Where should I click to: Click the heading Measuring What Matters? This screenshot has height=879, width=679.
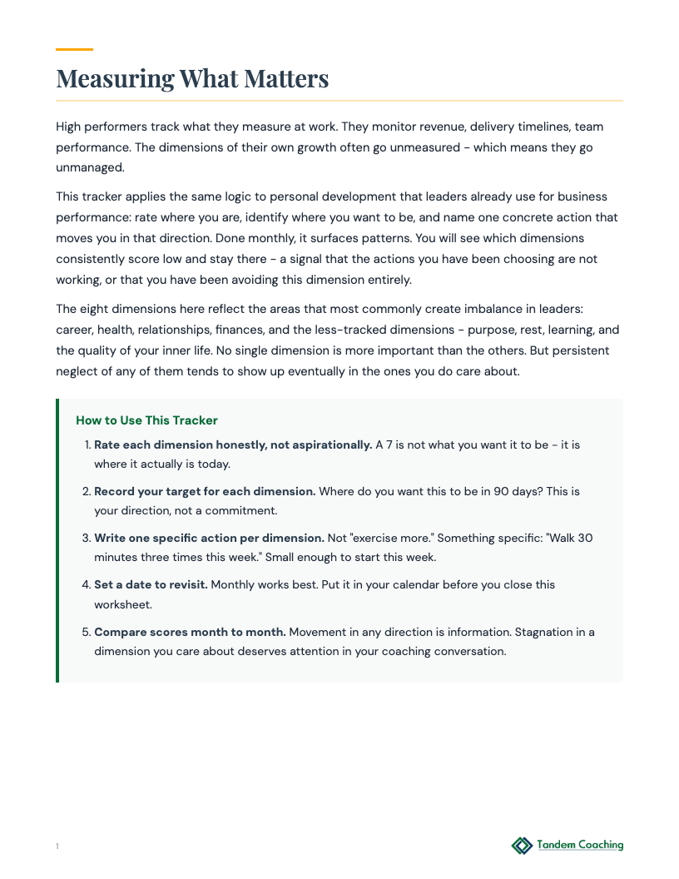click(192, 79)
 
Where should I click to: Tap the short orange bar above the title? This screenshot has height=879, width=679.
click(74, 50)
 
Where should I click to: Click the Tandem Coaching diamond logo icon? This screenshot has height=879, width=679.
click(522, 846)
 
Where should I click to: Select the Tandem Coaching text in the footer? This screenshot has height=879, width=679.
click(580, 845)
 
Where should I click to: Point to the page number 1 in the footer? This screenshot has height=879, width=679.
click(57, 847)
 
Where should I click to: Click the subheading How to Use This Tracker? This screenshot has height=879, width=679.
click(146, 420)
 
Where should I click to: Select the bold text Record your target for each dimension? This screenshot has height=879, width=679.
click(205, 491)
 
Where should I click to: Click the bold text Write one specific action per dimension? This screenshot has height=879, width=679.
click(209, 538)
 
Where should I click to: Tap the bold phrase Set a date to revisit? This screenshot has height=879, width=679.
click(151, 584)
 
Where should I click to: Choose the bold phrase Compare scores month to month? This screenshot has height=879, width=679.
click(189, 632)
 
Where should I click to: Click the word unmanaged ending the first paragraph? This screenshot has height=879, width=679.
click(92, 166)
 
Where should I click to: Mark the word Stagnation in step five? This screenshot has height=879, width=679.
click(534, 632)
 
